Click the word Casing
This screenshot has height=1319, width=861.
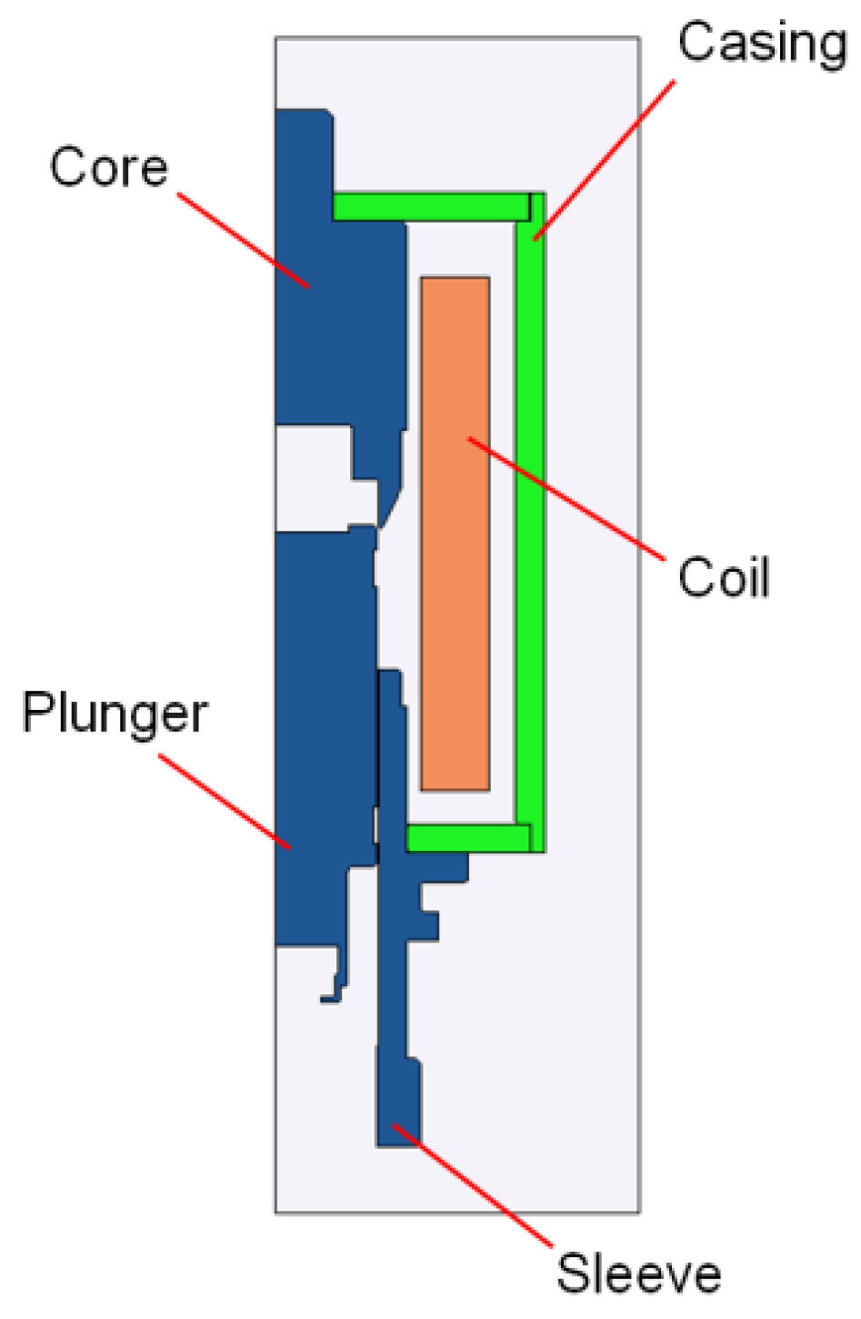762,44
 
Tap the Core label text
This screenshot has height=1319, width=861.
109,167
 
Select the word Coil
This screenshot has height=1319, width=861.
724,577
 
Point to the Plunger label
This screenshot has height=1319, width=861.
115,714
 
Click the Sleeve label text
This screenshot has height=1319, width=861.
638,1273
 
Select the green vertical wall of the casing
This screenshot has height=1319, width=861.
530,527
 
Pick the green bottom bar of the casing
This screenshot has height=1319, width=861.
467,837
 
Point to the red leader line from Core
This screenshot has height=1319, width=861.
243,240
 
